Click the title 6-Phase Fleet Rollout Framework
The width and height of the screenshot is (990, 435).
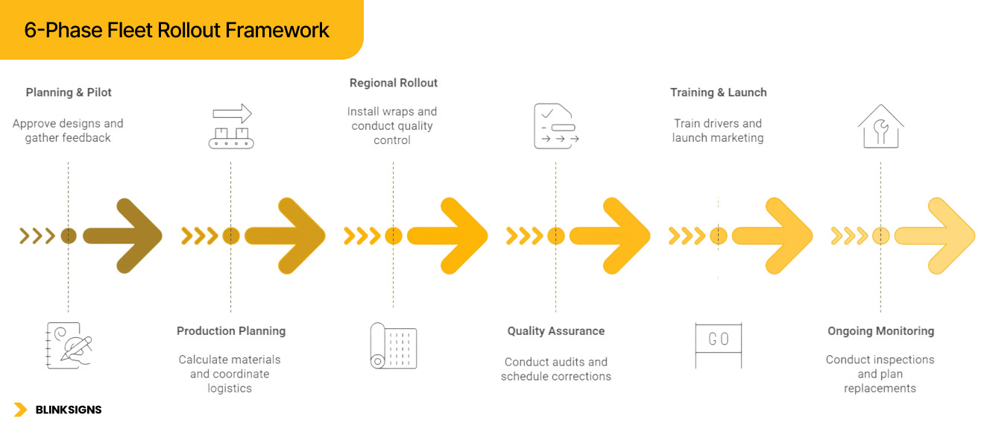(177, 30)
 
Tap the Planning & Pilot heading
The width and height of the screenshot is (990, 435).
(69, 93)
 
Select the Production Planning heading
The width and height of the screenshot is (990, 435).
(231, 331)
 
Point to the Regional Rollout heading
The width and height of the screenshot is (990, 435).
(394, 83)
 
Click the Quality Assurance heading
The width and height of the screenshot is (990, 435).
(556, 331)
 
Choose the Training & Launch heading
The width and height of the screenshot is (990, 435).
(719, 93)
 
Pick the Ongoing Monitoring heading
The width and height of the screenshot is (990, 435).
(880, 331)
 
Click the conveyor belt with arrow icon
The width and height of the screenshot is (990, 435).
(231, 126)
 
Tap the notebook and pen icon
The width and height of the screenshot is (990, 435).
(69, 345)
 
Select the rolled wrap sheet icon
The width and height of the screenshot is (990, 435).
(394, 345)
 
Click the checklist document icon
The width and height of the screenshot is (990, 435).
(556, 126)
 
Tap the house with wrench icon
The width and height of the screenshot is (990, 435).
(880, 126)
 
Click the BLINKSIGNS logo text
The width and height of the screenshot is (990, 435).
(69, 410)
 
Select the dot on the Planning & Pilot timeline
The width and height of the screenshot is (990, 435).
(69, 236)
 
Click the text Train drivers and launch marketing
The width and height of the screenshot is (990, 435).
(718, 131)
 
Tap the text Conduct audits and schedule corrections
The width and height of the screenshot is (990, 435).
(556, 369)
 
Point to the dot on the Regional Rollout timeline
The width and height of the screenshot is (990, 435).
(394, 236)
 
